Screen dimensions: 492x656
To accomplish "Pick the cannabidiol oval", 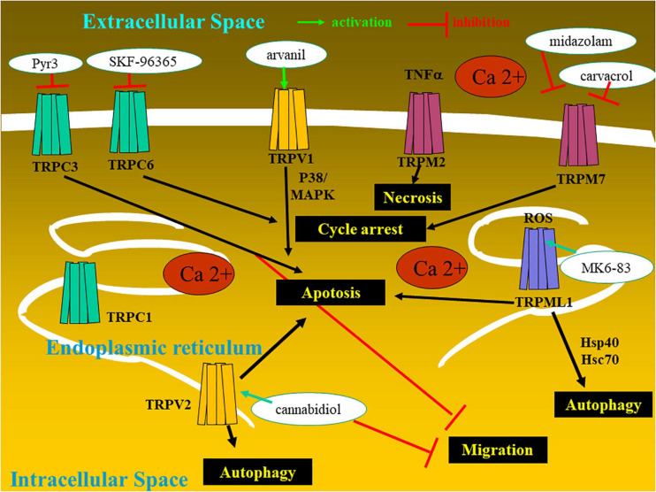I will [309, 410].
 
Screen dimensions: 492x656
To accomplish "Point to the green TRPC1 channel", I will [80, 292].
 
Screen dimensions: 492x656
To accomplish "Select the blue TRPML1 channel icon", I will [538, 259].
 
